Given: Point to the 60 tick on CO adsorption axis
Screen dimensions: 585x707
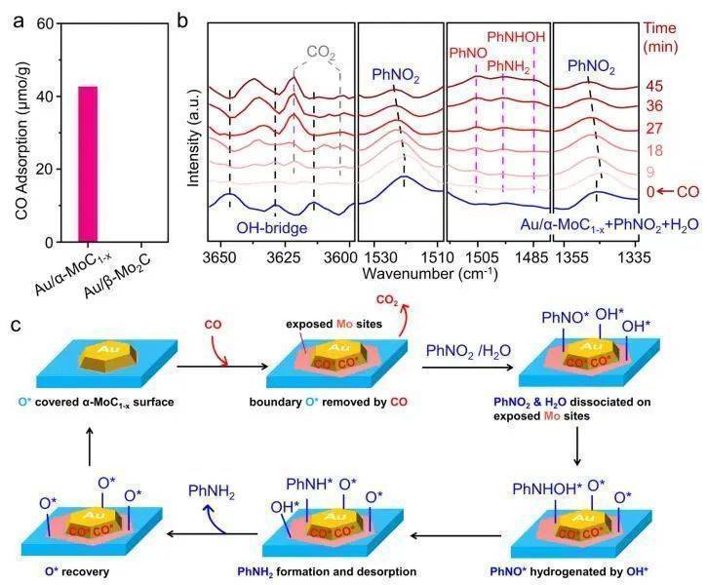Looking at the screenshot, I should coord(42,22).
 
